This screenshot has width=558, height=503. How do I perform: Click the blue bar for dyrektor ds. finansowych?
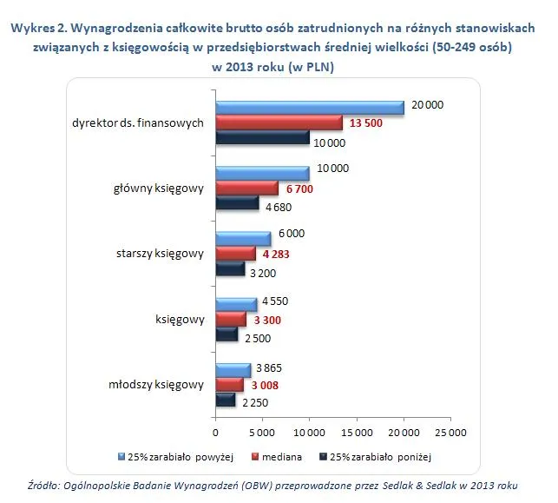click(309, 108)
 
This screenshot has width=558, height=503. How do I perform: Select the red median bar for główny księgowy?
click(246, 188)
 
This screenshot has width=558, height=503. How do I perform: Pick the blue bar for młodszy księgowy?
click(233, 369)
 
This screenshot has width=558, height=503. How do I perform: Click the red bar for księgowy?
click(231, 320)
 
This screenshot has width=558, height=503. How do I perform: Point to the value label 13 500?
click(365, 122)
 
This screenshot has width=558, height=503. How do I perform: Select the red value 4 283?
click(279, 254)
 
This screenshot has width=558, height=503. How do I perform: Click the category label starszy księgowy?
click(160, 254)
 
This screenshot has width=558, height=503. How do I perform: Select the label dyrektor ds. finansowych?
click(138, 122)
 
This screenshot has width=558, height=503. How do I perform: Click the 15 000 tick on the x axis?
click(357, 432)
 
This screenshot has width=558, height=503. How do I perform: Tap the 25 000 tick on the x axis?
click(450, 432)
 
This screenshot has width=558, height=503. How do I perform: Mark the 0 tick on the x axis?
click(215, 432)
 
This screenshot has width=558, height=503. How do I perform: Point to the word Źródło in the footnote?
click(43, 486)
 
